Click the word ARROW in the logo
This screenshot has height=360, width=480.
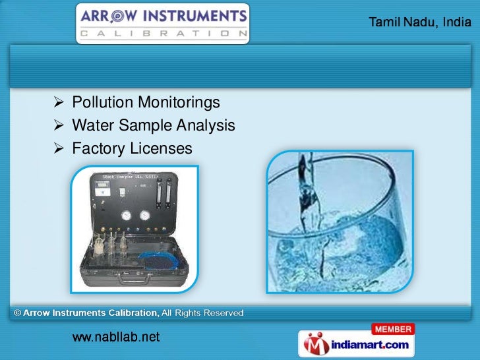tap(112, 15)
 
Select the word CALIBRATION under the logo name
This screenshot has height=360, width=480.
tap(162, 32)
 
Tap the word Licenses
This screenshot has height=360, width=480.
tap(161, 149)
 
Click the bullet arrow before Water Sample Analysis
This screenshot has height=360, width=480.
tap(59, 125)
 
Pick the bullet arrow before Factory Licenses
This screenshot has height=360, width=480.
tap(59, 149)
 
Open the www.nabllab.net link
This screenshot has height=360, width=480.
tap(115, 338)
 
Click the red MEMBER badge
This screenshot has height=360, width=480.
tap(392, 329)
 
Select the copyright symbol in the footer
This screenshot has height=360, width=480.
tap(17, 313)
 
